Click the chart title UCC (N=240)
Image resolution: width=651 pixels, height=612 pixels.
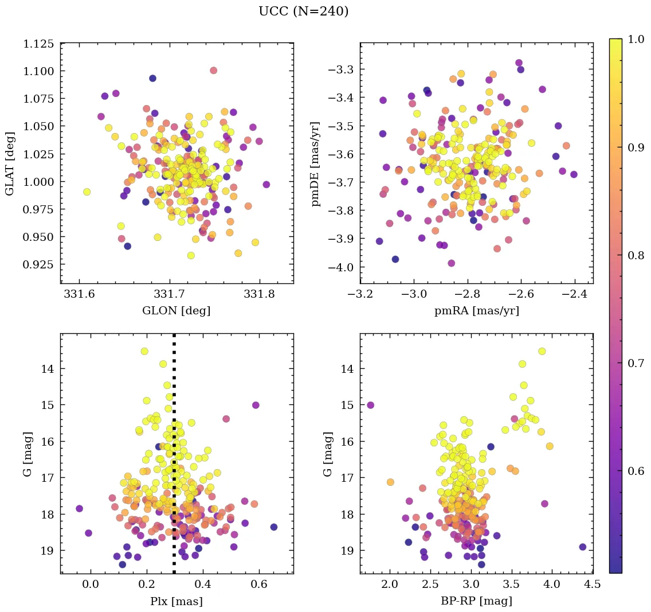(x=303, y=11)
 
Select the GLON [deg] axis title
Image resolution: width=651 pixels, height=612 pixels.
(x=177, y=311)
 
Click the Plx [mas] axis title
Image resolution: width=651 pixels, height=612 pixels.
(x=177, y=601)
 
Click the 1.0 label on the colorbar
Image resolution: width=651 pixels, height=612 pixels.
(x=636, y=39)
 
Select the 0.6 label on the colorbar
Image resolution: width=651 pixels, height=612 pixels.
(x=636, y=471)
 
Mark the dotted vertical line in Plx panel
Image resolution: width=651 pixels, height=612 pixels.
(x=174, y=459)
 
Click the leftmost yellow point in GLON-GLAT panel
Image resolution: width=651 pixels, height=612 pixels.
(x=87, y=192)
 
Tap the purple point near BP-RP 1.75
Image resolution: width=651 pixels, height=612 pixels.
(x=370, y=405)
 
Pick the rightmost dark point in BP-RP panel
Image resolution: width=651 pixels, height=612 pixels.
(x=583, y=547)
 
